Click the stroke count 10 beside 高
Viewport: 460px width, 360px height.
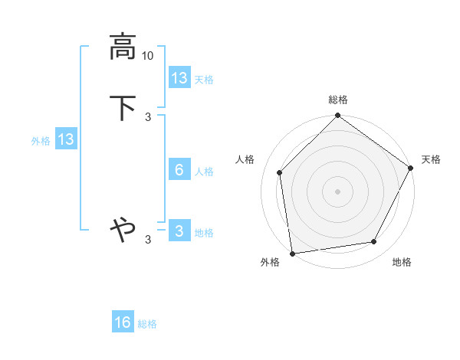(148, 56)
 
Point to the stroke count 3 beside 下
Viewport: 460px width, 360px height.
(148, 116)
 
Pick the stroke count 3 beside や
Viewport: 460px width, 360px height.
(148, 240)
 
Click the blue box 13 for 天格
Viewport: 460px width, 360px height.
(179, 78)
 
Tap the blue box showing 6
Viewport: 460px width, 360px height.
(179, 170)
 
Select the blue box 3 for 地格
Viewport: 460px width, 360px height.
(179, 231)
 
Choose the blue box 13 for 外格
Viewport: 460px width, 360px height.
(66, 139)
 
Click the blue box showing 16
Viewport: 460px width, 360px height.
(123, 322)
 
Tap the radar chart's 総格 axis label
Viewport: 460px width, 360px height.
(338, 100)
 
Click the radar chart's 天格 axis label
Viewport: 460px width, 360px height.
(431, 159)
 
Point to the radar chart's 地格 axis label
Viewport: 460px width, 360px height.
(402, 262)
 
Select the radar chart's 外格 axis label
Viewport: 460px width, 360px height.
(270, 262)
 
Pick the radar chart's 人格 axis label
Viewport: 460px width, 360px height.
(245, 159)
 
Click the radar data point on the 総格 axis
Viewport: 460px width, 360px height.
(338, 116)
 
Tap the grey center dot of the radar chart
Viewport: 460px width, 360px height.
(338, 191)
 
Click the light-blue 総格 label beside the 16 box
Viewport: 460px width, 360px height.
(147, 324)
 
